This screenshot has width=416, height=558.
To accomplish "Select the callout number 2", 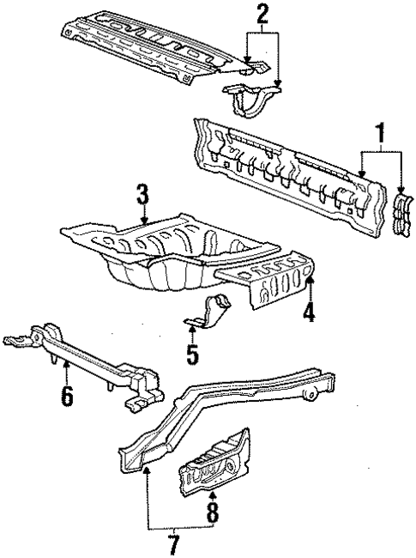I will click(x=262, y=13).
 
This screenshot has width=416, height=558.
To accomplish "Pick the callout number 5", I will click(x=192, y=352).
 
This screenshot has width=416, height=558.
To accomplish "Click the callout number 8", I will click(x=213, y=515).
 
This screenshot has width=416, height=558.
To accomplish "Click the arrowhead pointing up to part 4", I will click(x=310, y=280).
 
